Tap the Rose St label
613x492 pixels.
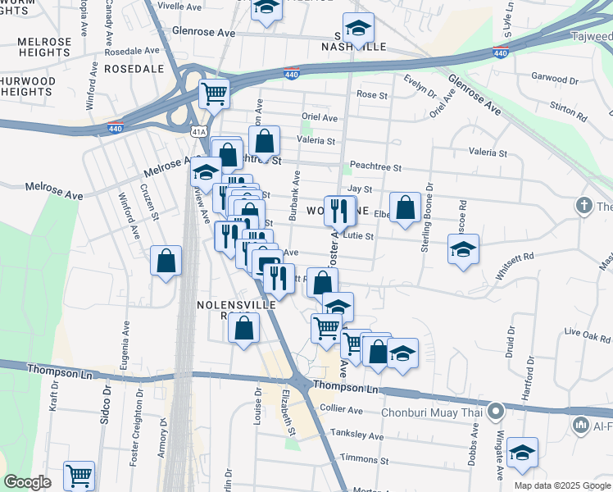(x=372, y=95)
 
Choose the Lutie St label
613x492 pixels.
(x=358, y=236)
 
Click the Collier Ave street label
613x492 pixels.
(x=343, y=410)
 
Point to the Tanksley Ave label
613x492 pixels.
(x=356, y=434)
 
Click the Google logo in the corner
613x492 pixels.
(x=28, y=482)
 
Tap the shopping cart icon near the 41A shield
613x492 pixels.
(x=214, y=93)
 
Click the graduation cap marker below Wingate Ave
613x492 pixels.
(x=522, y=453)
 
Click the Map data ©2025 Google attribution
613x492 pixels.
(x=562, y=485)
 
